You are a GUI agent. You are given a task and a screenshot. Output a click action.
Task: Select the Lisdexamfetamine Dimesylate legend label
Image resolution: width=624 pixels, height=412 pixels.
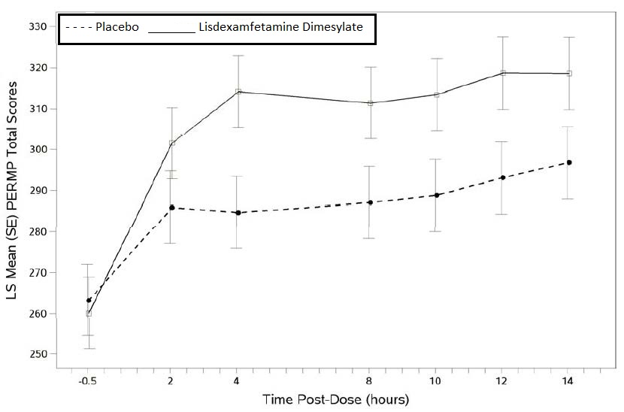[x=280, y=28]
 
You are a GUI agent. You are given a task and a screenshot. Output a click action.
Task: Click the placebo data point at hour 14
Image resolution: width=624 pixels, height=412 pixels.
[x=569, y=162]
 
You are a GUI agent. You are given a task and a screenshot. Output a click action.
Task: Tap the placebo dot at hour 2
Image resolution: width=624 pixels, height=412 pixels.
[x=172, y=208]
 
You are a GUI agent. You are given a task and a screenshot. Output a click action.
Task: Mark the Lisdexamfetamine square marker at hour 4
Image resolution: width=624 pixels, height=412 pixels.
[x=238, y=92]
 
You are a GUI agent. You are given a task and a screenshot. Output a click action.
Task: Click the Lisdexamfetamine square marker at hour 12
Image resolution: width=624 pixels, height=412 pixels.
[x=503, y=73]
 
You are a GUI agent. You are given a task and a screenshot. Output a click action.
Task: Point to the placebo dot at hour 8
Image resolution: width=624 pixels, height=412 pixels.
[x=370, y=202]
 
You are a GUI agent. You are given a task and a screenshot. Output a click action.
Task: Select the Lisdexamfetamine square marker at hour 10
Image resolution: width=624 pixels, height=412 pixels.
[x=436, y=95]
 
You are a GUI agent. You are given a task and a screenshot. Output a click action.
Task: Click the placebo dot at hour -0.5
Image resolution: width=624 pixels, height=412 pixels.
[x=89, y=300]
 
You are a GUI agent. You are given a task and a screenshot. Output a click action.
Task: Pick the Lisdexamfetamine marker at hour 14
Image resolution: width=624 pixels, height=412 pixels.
[x=569, y=74]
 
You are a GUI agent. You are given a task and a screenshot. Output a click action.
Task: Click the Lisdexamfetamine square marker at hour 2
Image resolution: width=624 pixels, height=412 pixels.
[x=172, y=143]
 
